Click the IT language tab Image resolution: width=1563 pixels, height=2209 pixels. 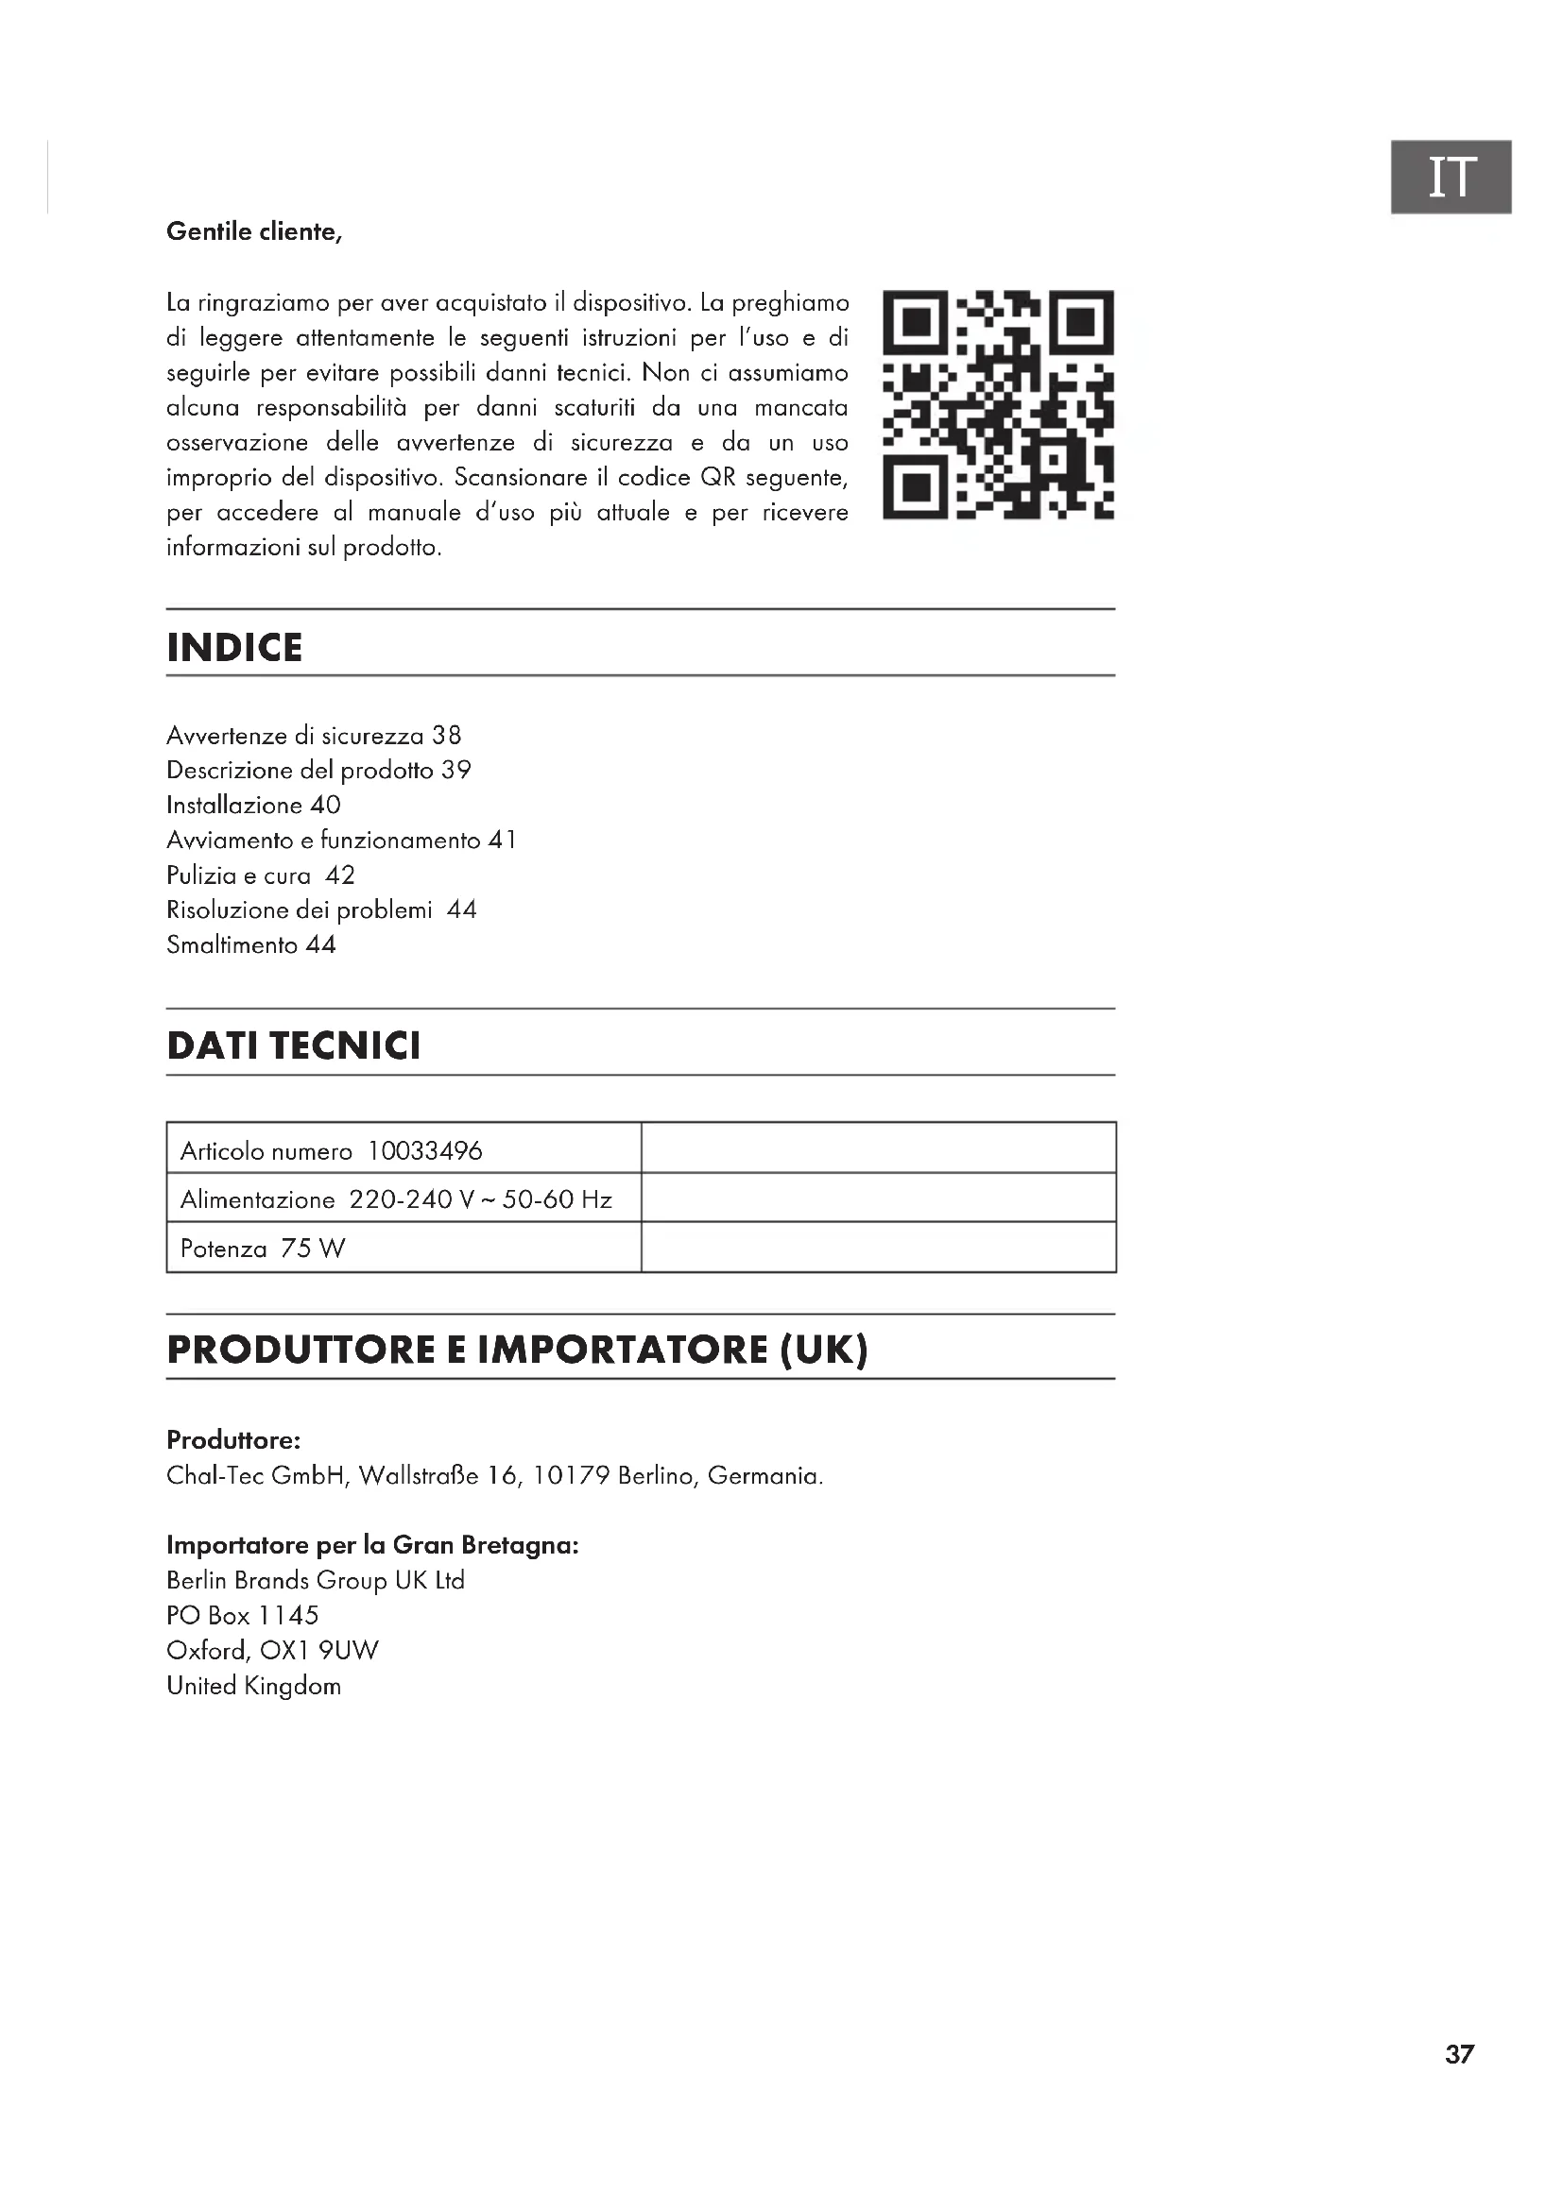1451,177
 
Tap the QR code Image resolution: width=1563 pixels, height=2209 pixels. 998,405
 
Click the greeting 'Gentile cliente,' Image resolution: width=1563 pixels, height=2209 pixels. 254,232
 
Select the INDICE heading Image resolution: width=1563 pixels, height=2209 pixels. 233,648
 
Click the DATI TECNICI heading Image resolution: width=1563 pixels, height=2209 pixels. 294,1045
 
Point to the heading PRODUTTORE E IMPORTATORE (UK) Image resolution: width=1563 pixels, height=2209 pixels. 517,1349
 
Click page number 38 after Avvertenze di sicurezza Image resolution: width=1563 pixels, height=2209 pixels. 447,736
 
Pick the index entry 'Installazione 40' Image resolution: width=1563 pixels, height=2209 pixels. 253,806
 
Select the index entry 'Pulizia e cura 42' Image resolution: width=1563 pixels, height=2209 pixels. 261,875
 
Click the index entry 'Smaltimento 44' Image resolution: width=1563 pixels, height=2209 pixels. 251,944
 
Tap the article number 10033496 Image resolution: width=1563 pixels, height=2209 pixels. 424,1150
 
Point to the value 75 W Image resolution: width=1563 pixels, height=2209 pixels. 313,1249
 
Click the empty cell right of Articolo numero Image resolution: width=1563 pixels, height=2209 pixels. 878,1147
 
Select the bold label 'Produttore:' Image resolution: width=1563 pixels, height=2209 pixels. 233,1440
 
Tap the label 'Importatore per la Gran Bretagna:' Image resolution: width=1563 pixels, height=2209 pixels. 372,1545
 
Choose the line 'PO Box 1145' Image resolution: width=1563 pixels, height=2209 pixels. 243,1615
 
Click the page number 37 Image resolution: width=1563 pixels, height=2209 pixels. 1459,2055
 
